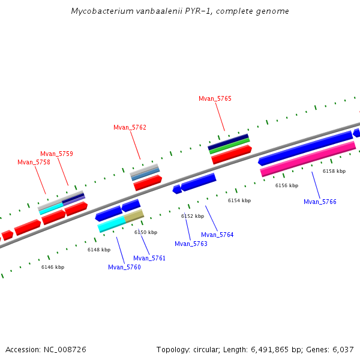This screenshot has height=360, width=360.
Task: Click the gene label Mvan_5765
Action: pyautogui.click(x=215, y=98)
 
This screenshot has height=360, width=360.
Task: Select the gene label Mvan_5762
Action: pyautogui.click(x=130, y=127)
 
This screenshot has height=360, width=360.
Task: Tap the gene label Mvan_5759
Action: pyautogui.click(x=56, y=154)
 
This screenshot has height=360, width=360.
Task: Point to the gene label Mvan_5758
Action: pyautogui.click(x=34, y=162)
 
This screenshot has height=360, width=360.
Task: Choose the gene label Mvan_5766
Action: pyautogui.click(x=320, y=202)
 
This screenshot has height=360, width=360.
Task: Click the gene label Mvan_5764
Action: pyautogui.click(x=217, y=235)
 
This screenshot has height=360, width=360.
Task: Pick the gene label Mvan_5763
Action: pyautogui.click(x=191, y=244)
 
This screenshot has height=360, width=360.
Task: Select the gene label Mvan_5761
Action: pyautogui.click(x=149, y=258)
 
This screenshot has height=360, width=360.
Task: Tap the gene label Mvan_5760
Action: pyautogui.click(x=124, y=267)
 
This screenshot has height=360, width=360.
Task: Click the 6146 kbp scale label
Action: pyautogui.click(x=53, y=267)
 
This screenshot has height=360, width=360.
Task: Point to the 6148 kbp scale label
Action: pyautogui.click(x=99, y=250)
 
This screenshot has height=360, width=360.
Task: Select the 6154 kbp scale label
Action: pyautogui.click(x=239, y=200)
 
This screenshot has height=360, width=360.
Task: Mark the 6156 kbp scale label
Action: pyautogui.click(x=287, y=185)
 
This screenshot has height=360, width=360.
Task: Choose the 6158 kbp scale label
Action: pyautogui.click(x=334, y=171)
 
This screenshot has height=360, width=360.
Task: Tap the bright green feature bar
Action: pyautogui.click(x=230, y=147)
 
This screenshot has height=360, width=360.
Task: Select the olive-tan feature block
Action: pyautogui.click(x=134, y=216)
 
